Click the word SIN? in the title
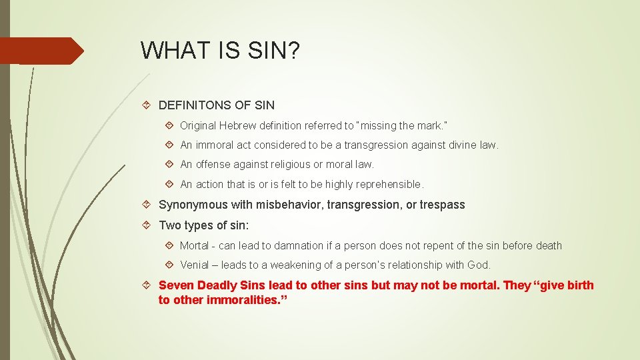click(275, 50)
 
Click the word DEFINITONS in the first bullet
click(194, 105)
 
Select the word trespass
click(443, 205)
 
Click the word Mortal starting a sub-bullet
click(194, 245)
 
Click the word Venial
click(194, 265)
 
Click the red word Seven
click(174, 285)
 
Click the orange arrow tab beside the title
click(40, 51)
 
